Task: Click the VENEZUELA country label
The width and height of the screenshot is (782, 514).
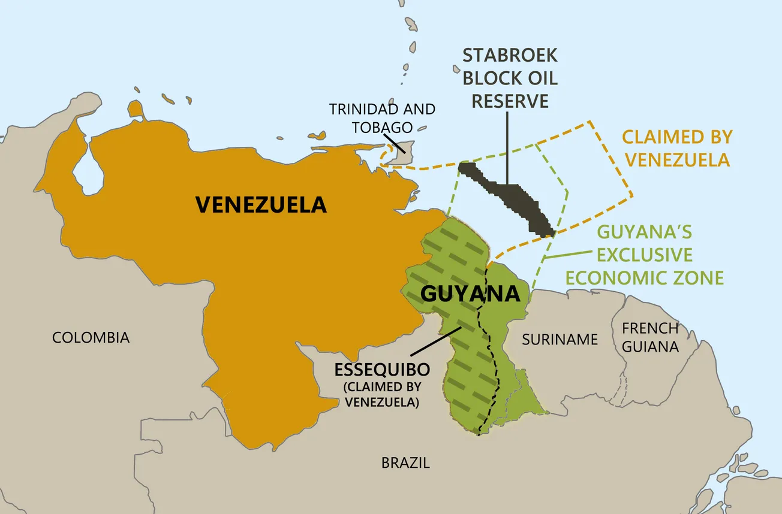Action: [261, 205]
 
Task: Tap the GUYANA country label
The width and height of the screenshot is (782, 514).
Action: [470, 294]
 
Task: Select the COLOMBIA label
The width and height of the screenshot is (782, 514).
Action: [91, 337]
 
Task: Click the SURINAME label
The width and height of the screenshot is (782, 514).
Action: [560, 340]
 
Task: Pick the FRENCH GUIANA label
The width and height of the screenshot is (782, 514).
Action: [650, 337]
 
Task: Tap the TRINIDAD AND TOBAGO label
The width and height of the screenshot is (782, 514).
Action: [382, 118]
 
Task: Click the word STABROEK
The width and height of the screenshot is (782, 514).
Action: [510, 56]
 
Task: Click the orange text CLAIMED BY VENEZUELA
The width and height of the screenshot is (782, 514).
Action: [677, 148]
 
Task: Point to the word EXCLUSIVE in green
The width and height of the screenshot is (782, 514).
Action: [645, 255]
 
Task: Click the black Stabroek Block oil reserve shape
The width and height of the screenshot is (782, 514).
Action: [510, 195]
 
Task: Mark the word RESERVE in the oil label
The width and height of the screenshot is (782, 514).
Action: [510, 100]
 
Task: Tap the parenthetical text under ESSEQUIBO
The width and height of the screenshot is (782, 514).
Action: [381, 394]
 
